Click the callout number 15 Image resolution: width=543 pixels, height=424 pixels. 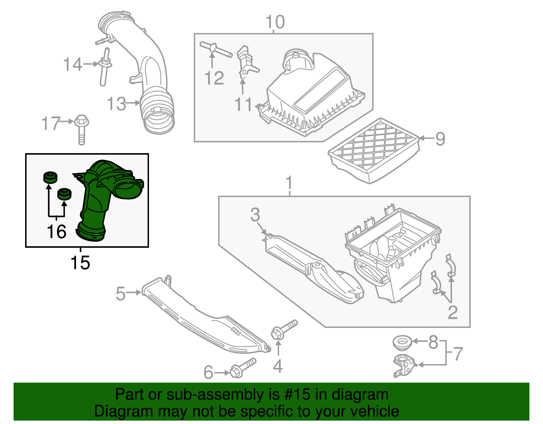pyautogui.click(x=80, y=263)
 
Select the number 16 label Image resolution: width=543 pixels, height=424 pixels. pyautogui.click(x=56, y=232)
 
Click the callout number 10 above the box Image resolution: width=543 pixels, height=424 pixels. pyautogui.click(x=275, y=22)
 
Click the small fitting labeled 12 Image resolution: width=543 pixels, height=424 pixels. pyautogui.click(x=214, y=49)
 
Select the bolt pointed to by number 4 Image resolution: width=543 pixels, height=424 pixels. pyautogui.click(x=283, y=330)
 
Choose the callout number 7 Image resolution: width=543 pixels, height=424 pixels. pyautogui.click(x=458, y=354)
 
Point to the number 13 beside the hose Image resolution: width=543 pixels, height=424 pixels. pyautogui.click(x=116, y=104)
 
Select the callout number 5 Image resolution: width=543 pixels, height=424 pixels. pyautogui.click(x=120, y=294)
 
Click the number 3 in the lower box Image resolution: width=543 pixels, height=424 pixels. pyautogui.click(x=255, y=215)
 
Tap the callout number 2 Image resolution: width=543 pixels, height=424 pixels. pyautogui.click(x=453, y=313)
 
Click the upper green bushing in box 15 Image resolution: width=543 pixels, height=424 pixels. pyautogui.click(x=50, y=177)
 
